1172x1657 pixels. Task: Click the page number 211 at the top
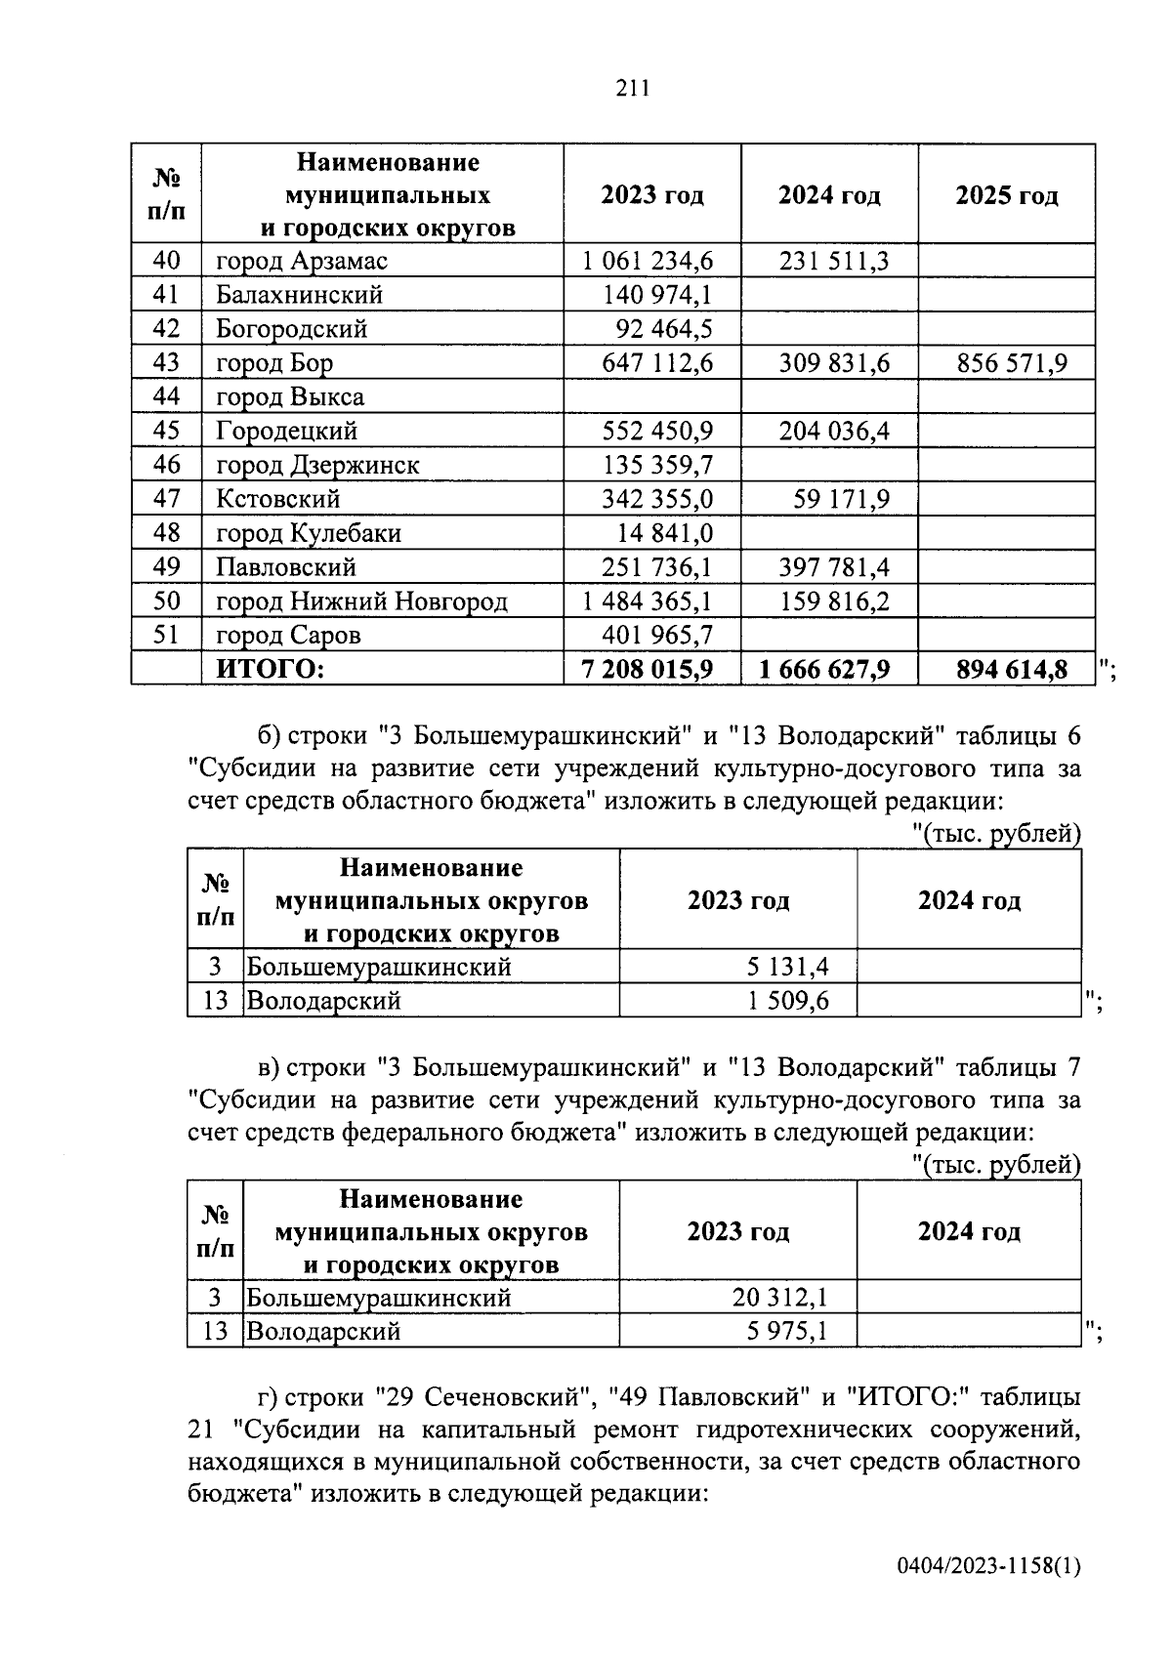(x=633, y=89)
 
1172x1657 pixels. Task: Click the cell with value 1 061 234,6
(x=648, y=262)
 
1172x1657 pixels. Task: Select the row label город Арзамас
(x=302, y=262)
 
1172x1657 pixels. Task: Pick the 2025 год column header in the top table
(x=1006, y=195)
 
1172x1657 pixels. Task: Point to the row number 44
(x=167, y=396)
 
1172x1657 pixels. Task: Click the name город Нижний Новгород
(x=361, y=601)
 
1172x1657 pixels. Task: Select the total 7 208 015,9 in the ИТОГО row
(x=648, y=669)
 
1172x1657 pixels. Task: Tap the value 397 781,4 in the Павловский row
(x=834, y=567)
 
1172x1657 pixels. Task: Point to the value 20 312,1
(x=779, y=1298)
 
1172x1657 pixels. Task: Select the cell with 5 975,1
(x=787, y=1331)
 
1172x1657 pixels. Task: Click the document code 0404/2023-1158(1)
(x=988, y=1566)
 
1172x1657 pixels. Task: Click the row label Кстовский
(x=278, y=499)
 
